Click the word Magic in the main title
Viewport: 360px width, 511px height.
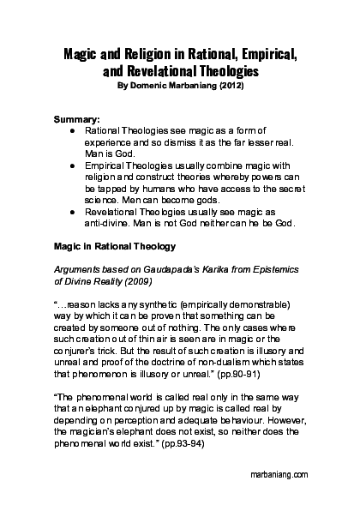[82, 55]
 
